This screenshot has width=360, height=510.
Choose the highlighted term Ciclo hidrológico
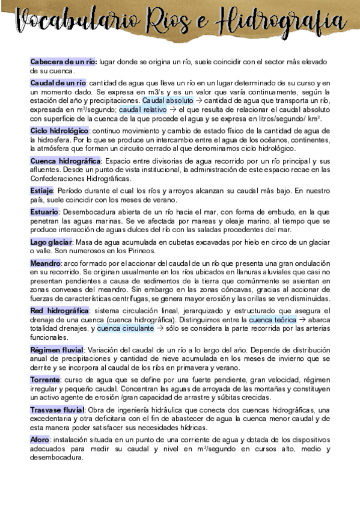pos(59,131)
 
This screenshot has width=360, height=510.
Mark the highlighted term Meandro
pos(44,263)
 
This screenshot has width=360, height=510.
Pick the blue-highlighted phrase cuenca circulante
pos(125,329)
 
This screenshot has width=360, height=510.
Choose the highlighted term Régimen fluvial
pos(57,349)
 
